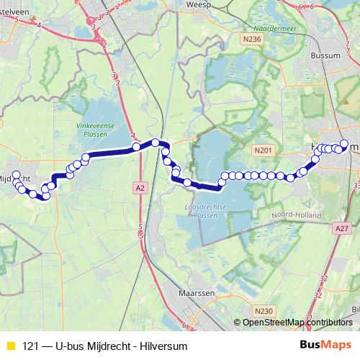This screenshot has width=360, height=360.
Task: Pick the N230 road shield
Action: pyautogui.click(x=264, y=310)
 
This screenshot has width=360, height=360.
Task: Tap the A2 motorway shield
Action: pyautogui.click(x=140, y=186)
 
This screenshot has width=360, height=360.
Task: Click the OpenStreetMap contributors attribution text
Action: pyautogui.click(x=297, y=323)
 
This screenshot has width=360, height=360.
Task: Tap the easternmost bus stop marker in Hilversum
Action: pyautogui.click(x=344, y=143)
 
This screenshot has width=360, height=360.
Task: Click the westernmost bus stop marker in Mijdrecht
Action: pyautogui.click(x=16, y=175)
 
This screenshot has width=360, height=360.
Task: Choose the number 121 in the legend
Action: pyautogui.click(x=30, y=346)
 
